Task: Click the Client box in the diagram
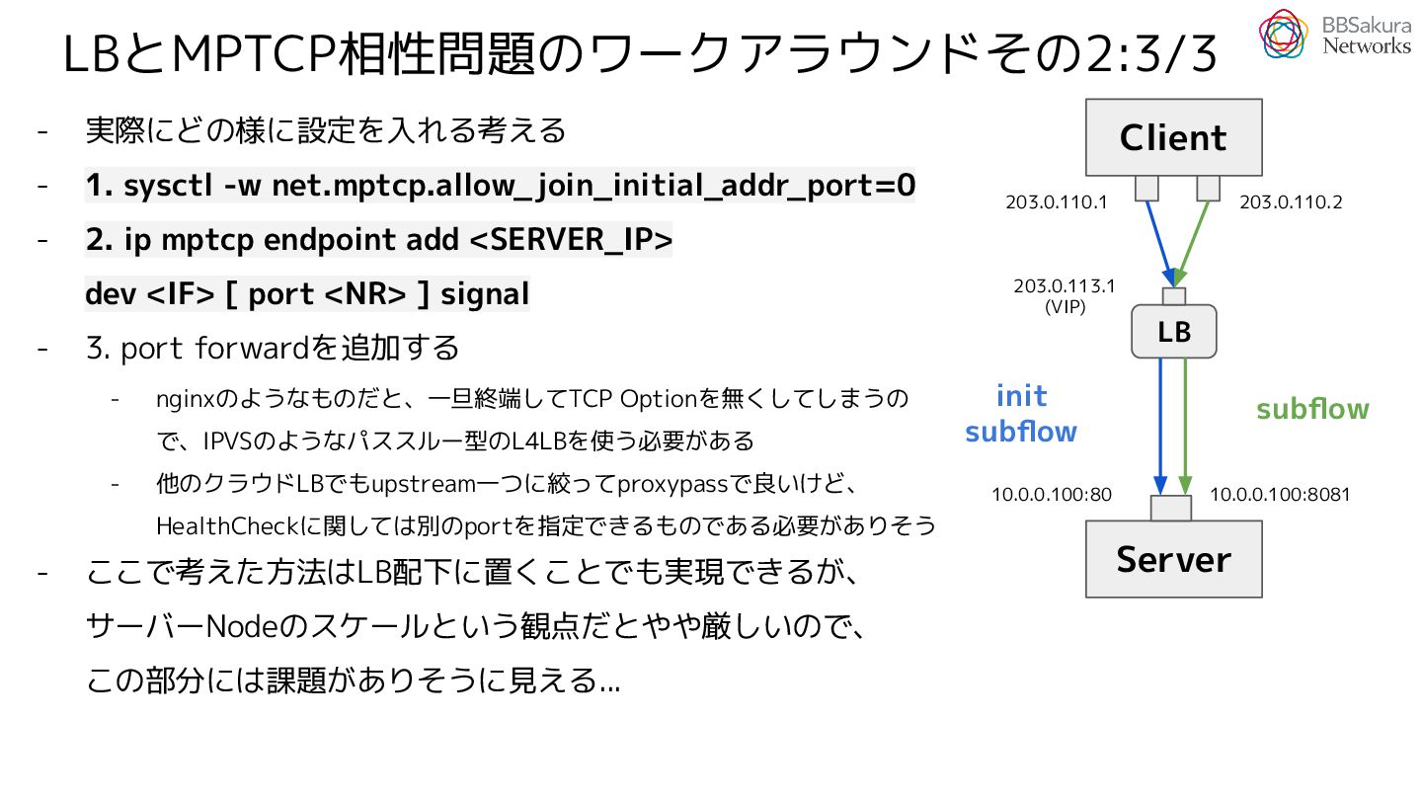(x=1173, y=137)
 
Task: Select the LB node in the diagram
(x=1173, y=332)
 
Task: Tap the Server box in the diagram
(x=1173, y=559)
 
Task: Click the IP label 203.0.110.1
(x=1056, y=202)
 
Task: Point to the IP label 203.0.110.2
(x=1291, y=202)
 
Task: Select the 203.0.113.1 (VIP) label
(x=1064, y=295)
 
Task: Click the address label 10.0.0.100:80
(x=1052, y=494)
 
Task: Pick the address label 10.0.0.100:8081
(x=1280, y=494)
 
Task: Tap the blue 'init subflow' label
(x=1020, y=414)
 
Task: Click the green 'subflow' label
(x=1312, y=409)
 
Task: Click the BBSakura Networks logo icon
(x=1283, y=34)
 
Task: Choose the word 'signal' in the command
(x=485, y=294)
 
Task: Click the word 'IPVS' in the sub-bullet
(x=228, y=440)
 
